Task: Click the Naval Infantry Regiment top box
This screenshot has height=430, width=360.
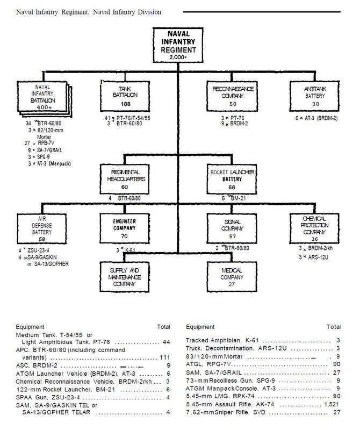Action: (x=178, y=45)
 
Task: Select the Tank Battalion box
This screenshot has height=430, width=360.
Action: (x=125, y=96)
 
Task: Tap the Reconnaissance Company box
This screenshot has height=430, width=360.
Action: (x=232, y=96)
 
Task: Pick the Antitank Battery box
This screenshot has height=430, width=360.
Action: (x=314, y=96)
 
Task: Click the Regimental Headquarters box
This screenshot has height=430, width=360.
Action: (x=125, y=180)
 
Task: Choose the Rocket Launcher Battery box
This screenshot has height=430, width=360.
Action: (x=232, y=180)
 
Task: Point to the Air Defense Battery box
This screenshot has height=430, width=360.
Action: (x=42, y=229)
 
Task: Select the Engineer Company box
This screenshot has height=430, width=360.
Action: (x=125, y=229)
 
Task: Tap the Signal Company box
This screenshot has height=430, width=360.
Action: (x=232, y=229)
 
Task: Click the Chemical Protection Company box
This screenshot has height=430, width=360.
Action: (x=314, y=229)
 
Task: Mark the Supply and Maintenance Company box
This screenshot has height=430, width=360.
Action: (x=125, y=277)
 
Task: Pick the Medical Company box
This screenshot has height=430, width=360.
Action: (x=232, y=277)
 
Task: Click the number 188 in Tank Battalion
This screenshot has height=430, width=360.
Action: (x=126, y=104)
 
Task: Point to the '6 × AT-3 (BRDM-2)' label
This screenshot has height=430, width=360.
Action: (x=316, y=118)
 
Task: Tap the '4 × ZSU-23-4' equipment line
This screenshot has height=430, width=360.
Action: (x=34, y=250)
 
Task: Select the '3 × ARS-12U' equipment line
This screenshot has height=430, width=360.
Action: (x=313, y=257)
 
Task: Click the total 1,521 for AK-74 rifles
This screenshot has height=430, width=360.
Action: (x=332, y=405)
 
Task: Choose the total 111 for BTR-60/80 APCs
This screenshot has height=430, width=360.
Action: (x=165, y=357)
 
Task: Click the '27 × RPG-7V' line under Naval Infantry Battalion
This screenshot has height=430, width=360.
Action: (x=39, y=143)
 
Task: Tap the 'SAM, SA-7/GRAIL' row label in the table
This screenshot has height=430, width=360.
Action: (x=214, y=372)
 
